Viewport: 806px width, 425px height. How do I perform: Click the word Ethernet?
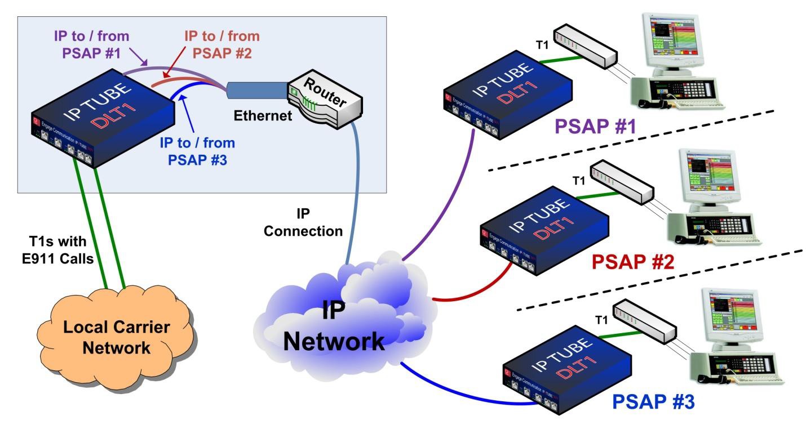click(x=263, y=117)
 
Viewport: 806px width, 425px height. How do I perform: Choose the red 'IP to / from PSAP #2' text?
click(x=222, y=45)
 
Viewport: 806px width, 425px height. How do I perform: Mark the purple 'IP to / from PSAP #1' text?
click(x=92, y=45)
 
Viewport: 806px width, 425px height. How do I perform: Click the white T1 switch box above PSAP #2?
click(x=621, y=183)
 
